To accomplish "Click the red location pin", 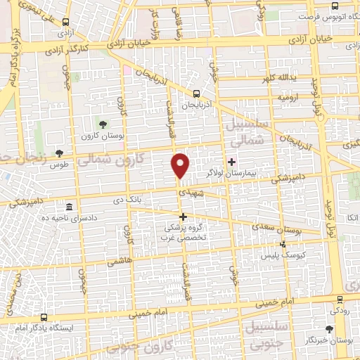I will click(x=181, y=165).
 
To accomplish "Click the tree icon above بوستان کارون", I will click(x=103, y=124).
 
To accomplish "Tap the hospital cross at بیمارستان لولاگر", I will click(x=232, y=161).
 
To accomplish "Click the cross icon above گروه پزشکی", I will click(x=184, y=217).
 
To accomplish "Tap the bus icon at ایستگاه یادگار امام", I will click(x=44, y=317).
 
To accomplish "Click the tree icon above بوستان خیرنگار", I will click(x=329, y=329).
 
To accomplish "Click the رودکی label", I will click(x=338, y=310).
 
